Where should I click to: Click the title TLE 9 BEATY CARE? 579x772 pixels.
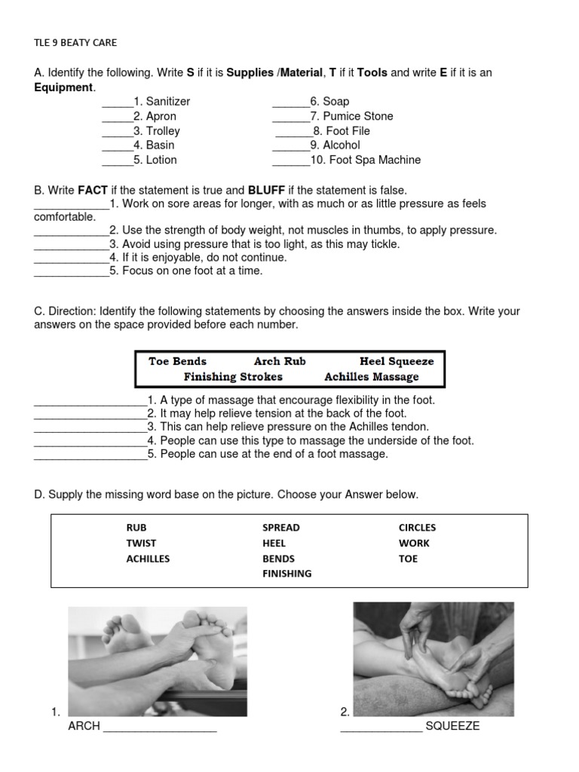coord(75,42)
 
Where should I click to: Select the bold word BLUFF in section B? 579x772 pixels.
coord(266,190)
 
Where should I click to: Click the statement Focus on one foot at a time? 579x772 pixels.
coord(186,271)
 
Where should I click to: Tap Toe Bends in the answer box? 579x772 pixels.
coord(177,361)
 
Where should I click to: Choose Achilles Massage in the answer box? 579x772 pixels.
coord(371,377)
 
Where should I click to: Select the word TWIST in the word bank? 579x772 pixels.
coord(141,543)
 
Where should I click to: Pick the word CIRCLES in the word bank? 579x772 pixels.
coord(417,528)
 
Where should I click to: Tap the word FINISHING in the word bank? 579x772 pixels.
coord(286,574)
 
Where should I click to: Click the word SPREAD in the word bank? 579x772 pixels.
coord(280,528)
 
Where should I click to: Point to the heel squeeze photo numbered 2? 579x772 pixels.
coord(433,658)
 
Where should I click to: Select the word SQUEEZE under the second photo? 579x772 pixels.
coord(452,726)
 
